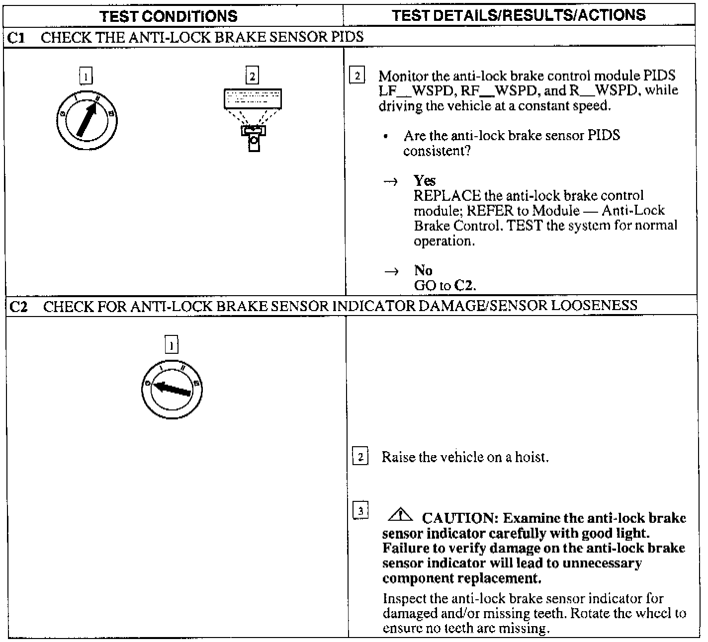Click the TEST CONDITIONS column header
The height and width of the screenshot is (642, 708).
point(169,16)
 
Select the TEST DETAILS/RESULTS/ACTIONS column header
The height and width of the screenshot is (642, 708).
point(519,15)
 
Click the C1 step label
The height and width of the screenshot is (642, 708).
point(17,37)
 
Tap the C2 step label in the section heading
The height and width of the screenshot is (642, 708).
point(18,306)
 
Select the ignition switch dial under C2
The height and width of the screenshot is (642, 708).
point(172,389)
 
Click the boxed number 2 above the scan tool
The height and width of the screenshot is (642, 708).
point(252,76)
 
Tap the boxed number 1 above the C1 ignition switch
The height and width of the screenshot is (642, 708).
point(86,76)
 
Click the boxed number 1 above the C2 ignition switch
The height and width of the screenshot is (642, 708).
point(172,345)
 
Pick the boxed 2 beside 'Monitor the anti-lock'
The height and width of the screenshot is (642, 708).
point(357,76)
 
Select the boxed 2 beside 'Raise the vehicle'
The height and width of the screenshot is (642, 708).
point(360,457)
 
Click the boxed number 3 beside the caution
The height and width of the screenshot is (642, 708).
point(360,510)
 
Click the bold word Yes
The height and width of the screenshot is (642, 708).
point(425,181)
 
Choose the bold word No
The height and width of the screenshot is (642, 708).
point(423,271)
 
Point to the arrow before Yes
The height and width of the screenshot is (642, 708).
point(391,182)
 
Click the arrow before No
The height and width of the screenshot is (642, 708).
point(391,272)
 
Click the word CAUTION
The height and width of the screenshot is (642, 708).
point(459,519)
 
